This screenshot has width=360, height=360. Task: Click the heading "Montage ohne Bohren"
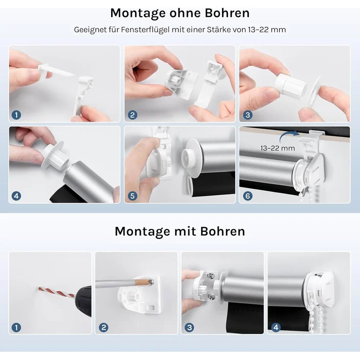(180, 13)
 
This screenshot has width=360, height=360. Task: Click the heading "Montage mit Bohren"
(180, 231)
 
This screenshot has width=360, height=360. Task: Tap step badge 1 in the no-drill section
(17, 115)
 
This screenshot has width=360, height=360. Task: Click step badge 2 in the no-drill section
(132, 115)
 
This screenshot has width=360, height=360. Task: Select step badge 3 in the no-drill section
(247, 115)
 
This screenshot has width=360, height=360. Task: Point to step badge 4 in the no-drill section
(17, 196)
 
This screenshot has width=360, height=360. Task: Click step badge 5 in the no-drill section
(132, 196)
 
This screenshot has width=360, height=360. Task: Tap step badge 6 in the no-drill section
(247, 196)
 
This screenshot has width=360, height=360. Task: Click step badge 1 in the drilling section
(17, 327)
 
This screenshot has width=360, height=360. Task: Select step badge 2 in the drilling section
(103, 327)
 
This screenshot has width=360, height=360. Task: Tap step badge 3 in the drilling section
(189, 327)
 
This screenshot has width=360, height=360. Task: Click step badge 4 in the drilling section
(275, 327)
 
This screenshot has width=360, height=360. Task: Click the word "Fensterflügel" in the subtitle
(129, 30)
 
